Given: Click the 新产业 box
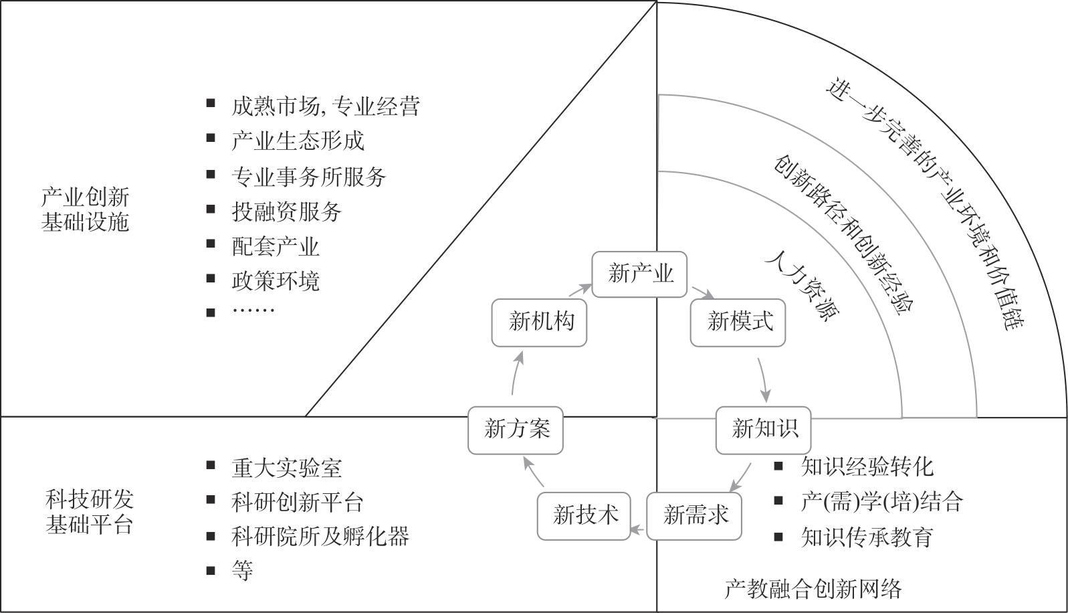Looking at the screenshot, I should coord(639,274).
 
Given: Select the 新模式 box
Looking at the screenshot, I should coord(738,323).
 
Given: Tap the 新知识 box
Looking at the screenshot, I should coord(763,430).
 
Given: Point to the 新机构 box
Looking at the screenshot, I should coord(539,323).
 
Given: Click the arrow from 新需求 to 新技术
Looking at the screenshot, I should coord(639,531).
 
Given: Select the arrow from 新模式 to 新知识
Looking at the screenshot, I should coord(765,379).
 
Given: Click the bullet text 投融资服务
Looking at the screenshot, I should coord(286,212).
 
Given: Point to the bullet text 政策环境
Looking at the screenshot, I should coord(276,282).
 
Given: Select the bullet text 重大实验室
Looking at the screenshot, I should coord(286,468).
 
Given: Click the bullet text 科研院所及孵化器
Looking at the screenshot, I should coord(320,537).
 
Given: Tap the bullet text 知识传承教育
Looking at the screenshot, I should coord(867,537).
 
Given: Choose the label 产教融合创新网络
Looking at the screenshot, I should coord(813,589).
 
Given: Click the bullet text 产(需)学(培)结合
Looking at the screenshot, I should coord(881,502).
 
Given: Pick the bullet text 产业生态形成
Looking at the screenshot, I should coord(298,141).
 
